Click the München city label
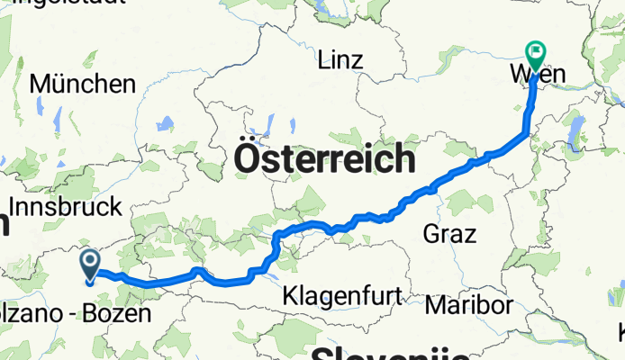point(83,84)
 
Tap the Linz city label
point(340,61)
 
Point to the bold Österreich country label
point(325,160)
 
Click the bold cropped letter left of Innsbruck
point(4,222)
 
